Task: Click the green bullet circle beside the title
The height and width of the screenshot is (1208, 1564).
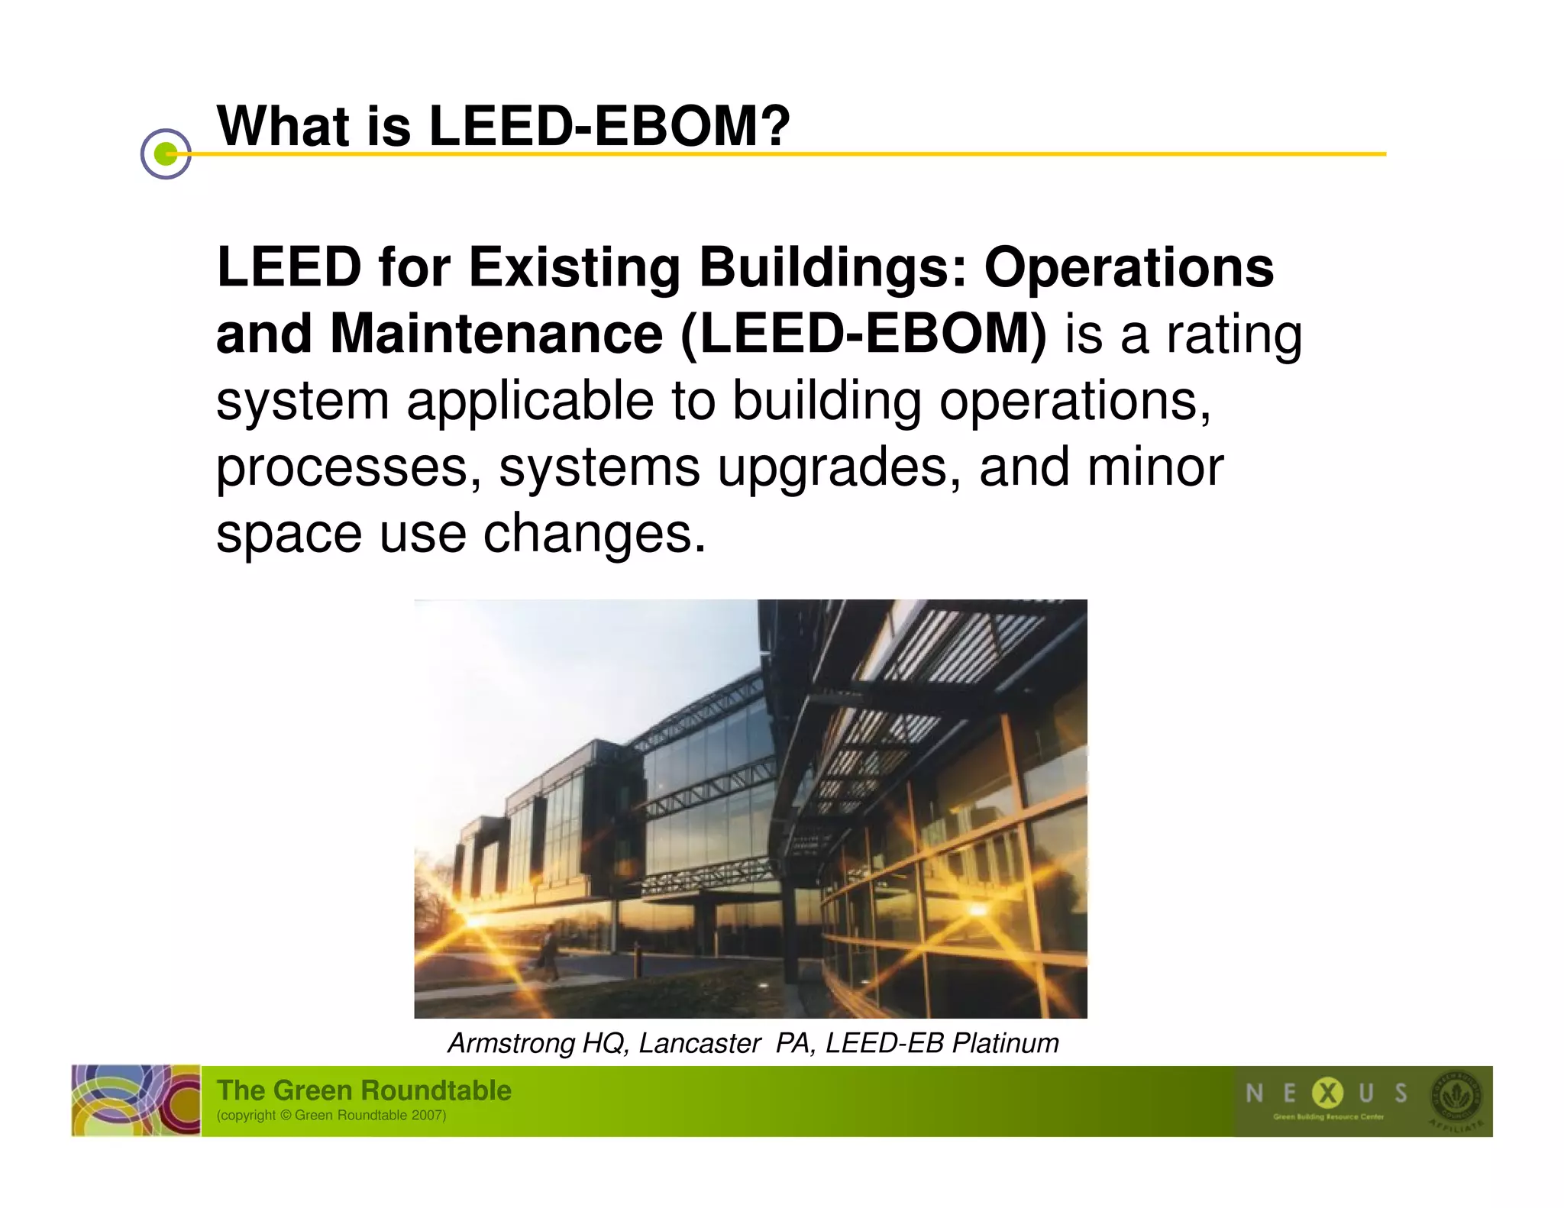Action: (166, 153)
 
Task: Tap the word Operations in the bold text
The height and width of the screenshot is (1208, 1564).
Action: (1129, 268)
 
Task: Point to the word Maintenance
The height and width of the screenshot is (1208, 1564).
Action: (496, 334)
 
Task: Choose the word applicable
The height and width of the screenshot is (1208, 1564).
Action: (530, 401)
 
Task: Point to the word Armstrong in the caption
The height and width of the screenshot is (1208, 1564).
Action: (511, 1043)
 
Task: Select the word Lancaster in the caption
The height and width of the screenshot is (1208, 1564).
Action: (699, 1043)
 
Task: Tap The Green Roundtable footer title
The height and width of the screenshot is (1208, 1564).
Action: (364, 1090)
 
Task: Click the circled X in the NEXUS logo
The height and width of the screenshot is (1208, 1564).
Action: (1327, 1093)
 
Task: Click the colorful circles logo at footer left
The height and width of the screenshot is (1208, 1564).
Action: (136, 1100)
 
